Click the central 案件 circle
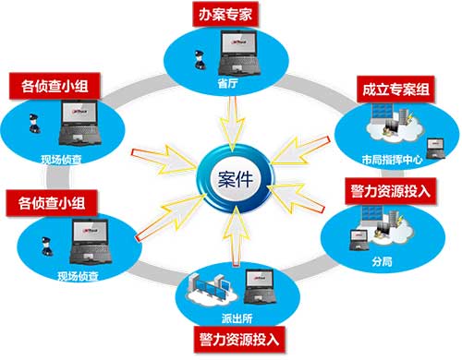tap(231, 176)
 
